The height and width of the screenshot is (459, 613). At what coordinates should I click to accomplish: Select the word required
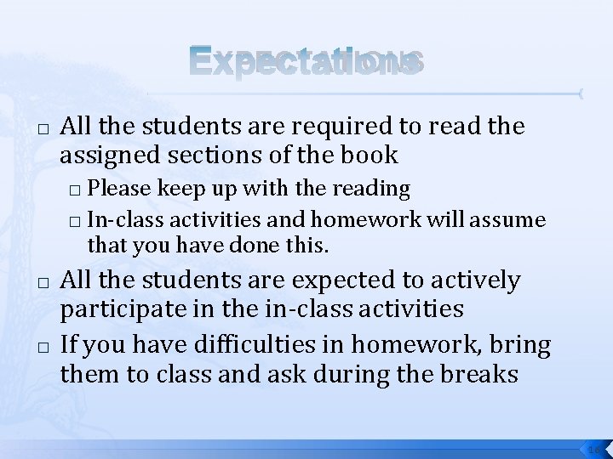click(x=294, y=127)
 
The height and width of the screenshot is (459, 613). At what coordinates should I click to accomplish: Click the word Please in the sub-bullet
click(x=116, y=187)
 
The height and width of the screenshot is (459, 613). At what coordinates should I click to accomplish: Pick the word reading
click(x=375, y=187)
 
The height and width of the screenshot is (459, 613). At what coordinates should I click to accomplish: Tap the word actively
click(x=478, y=281)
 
